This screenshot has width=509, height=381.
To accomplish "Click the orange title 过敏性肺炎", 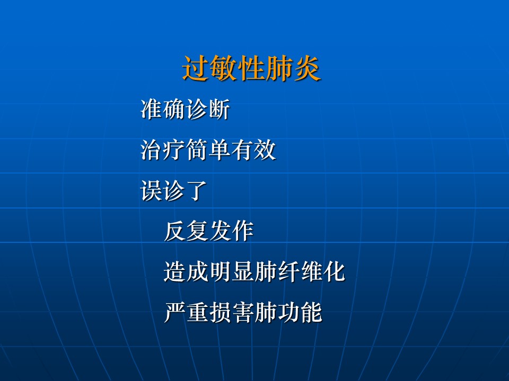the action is click(x=251, y=68).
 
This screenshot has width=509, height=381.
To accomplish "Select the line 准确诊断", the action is click(x=186, y=109).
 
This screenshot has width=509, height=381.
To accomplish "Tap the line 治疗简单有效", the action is click(x=208, y=150).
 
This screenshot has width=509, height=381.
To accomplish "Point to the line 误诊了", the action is click(x=174, y=190).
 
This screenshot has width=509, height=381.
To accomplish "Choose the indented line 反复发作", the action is click(x=209, y=231).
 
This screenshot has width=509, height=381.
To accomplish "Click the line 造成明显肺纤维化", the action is click(x=254, y=271).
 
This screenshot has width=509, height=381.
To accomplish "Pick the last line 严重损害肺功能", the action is click(x=243, y=312).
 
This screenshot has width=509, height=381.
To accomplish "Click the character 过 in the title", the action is click(x=196, y=68).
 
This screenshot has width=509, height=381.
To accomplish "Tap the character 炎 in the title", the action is click(x=308, y=68).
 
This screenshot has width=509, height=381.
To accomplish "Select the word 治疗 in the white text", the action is click(x=163, y=150).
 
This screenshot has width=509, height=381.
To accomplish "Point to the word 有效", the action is click(x=253, y=150).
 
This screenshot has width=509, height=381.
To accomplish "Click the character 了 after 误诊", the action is click(x=197, y=190).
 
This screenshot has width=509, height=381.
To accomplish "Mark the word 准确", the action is click(x=163, y=109).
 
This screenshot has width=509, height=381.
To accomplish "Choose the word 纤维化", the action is click(x=311, y=271).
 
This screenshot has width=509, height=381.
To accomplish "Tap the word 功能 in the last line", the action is click(x=300, y=312).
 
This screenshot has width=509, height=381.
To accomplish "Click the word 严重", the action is click(x=186, y=312).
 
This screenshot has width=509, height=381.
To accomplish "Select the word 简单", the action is click(x=208, y=150).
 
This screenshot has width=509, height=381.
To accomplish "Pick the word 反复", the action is click(x=186, y=231).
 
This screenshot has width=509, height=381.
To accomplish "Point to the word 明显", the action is click(x=232, y=271).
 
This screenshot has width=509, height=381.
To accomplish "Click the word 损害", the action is click(x=232, y=312).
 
